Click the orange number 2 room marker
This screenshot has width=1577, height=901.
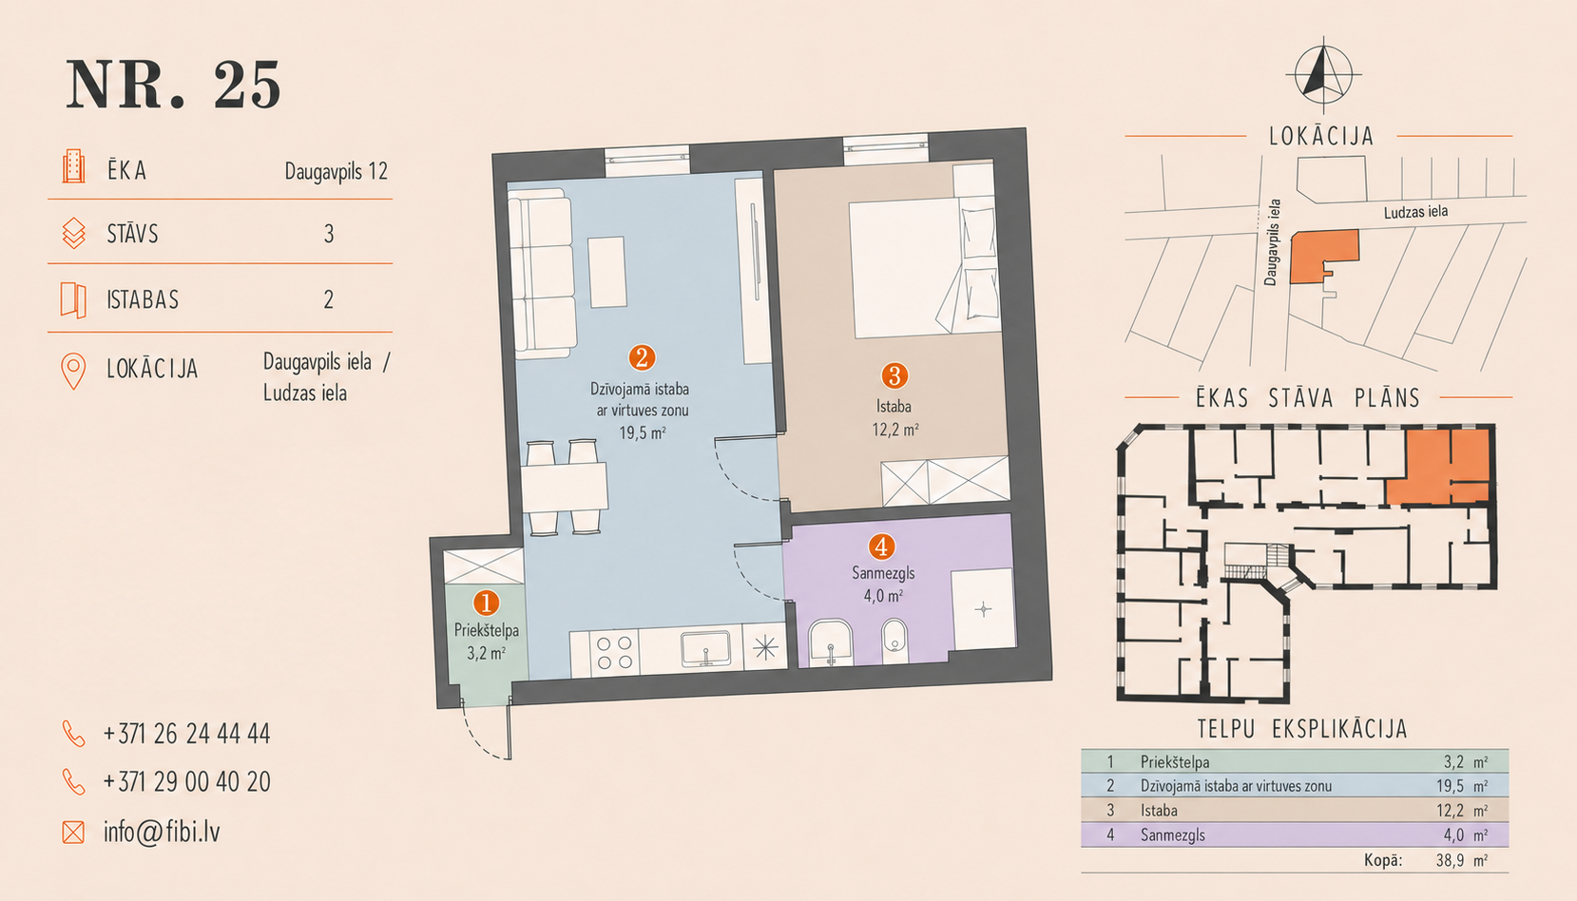click(642, 357)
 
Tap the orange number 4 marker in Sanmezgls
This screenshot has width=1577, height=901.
click(881, 546)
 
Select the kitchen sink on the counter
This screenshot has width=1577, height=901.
click(705, 648)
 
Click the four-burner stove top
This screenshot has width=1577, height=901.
click(614, 652)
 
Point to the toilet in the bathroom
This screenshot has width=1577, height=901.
click(894, 641)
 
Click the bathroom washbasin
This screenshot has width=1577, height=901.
click(831, 642)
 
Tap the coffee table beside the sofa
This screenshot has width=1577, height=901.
click(606, 272)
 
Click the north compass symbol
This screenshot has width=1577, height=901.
click(1323, 75)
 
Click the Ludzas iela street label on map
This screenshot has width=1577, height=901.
click(1415, 212)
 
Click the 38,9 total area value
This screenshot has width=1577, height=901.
click(1451, 860)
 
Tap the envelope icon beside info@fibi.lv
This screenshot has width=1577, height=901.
click(73, 832)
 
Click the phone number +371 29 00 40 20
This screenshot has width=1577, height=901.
click(187, 781)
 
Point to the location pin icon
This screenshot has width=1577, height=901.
click(73, 371)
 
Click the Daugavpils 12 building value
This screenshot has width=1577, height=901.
click(336, 171)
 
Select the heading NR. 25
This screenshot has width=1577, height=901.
click(174, 85)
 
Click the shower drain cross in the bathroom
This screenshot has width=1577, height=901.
click(983, 609)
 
